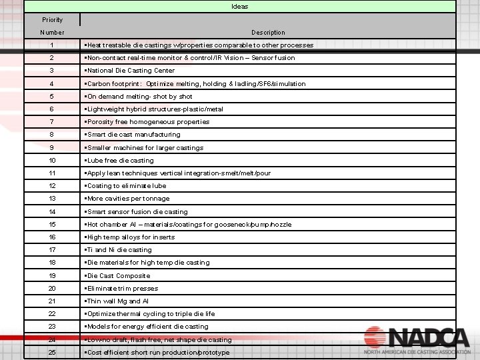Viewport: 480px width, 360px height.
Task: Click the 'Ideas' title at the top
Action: pyautogui.click(x=239, y=7)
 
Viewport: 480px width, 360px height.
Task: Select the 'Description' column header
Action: pyautogui.click(x=268, y=32)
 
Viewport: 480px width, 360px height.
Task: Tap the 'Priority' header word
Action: pyautogui.click(x=52, y=20)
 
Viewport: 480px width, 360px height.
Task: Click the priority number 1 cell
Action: pyautogui.click(x=52, y=45)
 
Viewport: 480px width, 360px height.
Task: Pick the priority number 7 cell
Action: pyautogui.click(x=52, y=122)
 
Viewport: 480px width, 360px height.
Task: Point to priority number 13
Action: pyautogui.click(x=52, y=199)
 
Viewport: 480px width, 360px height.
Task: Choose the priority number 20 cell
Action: pyautogui.click(x=52, y=289)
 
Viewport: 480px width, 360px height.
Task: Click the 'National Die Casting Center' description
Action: pyautogui.click(x=131, y=71)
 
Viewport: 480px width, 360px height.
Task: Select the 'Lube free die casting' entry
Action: pyautogui.click(x=121, y=161)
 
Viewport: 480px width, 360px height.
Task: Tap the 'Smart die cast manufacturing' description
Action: pyautogui.click(x=133, y=135)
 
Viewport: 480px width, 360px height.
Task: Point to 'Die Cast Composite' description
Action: pyautogui.click(x=119, y=276)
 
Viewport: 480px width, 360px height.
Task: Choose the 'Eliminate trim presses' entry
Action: pyautogui.click(x=123, y=289)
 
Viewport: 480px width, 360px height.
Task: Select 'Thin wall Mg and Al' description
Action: pyautogui.click(x=118, y=301)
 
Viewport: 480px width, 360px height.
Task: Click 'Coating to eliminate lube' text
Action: pyautogui.click(x=127, y=186)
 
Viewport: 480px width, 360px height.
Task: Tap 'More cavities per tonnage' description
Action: pyautogui.click(x=129, y=199)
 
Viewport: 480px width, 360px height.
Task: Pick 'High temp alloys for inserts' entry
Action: pyautogui.click(x=131, y=237)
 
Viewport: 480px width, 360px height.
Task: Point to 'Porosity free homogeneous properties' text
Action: pyautogui.click(x=148, y=122)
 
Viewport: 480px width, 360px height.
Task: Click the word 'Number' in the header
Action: pyautogui.click(x=52, y=32)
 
